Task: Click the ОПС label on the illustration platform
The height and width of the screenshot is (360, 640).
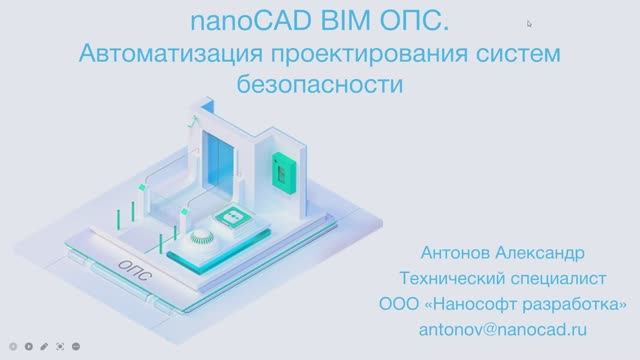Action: point(134,268)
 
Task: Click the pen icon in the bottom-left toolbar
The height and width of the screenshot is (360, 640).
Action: point(45,346)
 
